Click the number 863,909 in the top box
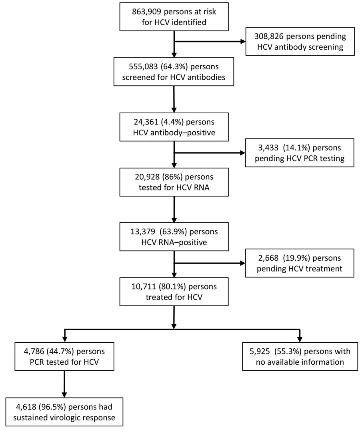coord(147,12)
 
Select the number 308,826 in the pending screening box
coord(269,36)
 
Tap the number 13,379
coord(143,232)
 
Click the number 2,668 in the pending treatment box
coord(268,258)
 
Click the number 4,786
coord(34,352)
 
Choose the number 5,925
coord(260,352)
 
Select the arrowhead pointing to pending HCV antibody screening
coord(243,42)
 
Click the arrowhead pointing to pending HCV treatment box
coord(243,263)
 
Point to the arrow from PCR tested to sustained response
coord(64,384)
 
